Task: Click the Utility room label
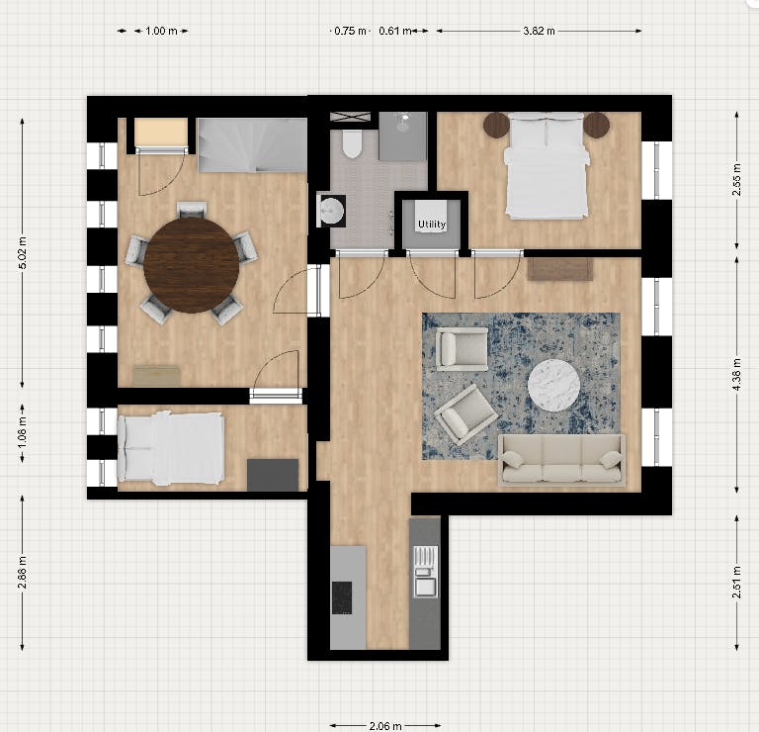(x=432, y=225)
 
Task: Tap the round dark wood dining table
(x=191, y=264)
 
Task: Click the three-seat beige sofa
(x=561, y=459)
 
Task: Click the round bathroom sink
(x=331, y=210)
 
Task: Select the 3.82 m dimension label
(x=539, y=31)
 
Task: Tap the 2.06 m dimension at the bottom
(x=384, y=725)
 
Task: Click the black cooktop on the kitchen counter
(x=341, y=596)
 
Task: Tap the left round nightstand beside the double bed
(x=495, y=126)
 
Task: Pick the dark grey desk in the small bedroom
(x=272, y=475)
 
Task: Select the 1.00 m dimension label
(x=161, y=31)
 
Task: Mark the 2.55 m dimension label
(x=737, y=180)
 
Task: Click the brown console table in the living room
(x=559, y=268)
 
